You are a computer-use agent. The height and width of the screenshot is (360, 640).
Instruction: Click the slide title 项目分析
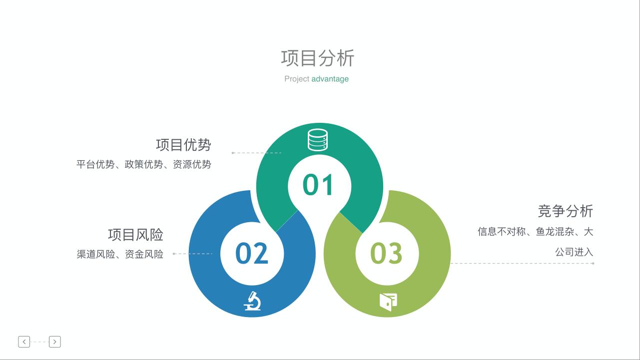point(318,58)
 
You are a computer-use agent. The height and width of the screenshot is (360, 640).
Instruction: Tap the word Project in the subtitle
point(297,79)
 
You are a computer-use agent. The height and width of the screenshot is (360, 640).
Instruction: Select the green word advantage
point(330,79)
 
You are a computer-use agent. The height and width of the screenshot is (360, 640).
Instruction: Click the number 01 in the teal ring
point(318,185)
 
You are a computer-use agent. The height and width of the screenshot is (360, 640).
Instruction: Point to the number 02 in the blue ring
point(252,253)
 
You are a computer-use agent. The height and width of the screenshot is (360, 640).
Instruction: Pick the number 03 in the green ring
point(386,253)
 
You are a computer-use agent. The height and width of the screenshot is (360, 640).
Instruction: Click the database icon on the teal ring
point(318,140)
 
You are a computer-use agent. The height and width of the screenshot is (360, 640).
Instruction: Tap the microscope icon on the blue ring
point(252,301)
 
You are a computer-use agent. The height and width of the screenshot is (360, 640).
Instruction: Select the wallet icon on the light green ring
point(388,302)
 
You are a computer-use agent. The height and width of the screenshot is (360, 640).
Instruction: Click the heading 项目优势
point(183,145)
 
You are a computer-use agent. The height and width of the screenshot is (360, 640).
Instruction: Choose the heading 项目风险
point(135,235)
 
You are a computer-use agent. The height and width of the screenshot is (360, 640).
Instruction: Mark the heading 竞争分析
point(566,211)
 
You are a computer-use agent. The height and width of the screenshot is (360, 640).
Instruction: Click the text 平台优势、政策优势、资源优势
point(144,164)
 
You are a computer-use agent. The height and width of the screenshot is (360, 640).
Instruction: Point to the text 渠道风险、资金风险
point(120,254)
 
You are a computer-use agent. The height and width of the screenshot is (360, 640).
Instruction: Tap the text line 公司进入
point(574,252)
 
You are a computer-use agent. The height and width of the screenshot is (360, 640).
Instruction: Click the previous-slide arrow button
point(24,342)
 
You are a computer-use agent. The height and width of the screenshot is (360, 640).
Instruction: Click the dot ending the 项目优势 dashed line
point(233,153)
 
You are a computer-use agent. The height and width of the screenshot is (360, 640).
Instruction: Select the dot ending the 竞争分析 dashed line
point(593,263)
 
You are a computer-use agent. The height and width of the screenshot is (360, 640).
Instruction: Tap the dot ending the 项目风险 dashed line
point(174,254)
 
